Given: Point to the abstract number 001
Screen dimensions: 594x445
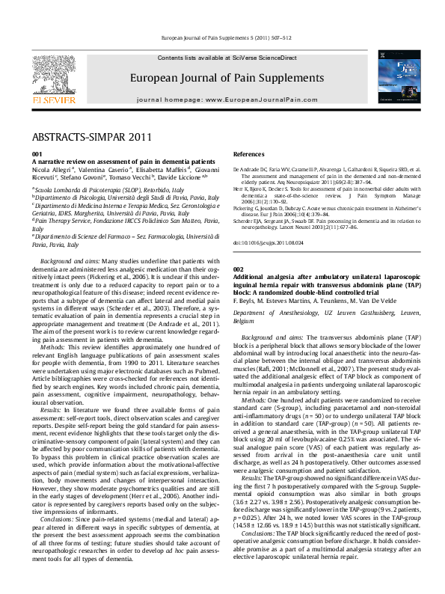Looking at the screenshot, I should (x=37, y=153).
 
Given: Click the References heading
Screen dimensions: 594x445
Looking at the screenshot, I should (x=249, y=153).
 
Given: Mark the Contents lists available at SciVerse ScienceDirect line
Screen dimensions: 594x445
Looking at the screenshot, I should (x=227, y=58).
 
